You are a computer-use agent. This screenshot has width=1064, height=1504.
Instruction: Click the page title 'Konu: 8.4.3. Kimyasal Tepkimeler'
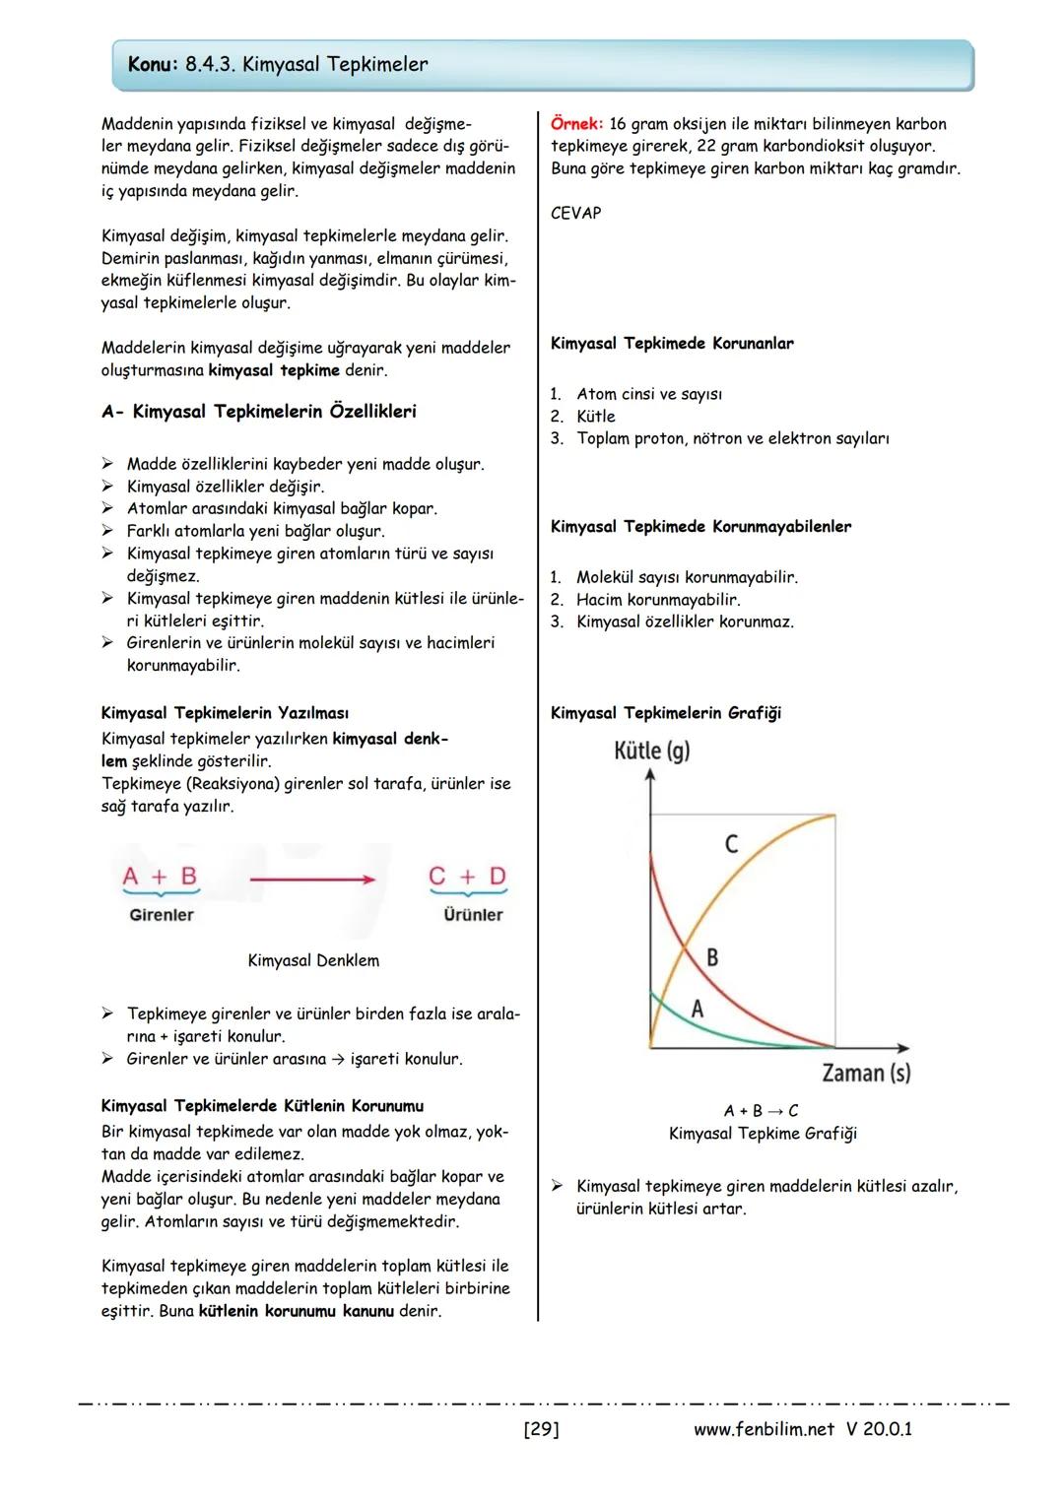click(x=278, y=65)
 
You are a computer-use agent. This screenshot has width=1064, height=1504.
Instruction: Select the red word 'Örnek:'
click(x=575, y=124)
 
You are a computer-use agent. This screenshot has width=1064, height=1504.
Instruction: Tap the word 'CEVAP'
click(x=575, y=213)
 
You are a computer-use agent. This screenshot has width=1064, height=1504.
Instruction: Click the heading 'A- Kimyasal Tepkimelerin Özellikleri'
click(x=258, y=412)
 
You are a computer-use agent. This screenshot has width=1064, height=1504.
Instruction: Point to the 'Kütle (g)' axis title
click(x=651, y=751)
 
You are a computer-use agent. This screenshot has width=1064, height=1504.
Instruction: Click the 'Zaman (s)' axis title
click(x=865, y=1073)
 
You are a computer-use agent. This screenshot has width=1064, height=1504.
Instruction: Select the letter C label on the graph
click(x=731, y=844)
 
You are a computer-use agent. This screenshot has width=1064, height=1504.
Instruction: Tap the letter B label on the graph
click(x=712, y=956)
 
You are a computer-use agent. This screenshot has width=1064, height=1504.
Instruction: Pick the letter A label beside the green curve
click(x=698, y=1009)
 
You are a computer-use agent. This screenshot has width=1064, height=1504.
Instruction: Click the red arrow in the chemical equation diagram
click(x=311, y=879)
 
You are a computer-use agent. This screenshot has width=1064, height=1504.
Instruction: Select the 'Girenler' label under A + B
click(x=162, y=915)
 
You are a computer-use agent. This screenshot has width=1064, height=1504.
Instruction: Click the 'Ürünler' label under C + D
click(x=473, y=915)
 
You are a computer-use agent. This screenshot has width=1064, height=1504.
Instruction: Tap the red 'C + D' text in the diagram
click(x=468, y=876)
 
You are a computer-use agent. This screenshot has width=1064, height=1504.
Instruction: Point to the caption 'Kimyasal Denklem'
click(x=313, y=960)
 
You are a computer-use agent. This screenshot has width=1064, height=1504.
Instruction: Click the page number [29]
click(x=541, y=1429)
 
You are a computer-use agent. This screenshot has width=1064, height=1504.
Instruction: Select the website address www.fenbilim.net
click(x=764, y=1429)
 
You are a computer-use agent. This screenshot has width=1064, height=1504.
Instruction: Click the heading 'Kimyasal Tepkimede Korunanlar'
click(x=672, y=344)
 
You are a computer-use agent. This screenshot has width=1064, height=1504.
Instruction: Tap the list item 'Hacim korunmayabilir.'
click(x=658, y=600)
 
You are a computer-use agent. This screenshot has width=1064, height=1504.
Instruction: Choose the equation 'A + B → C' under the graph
click(x=761, y=1111)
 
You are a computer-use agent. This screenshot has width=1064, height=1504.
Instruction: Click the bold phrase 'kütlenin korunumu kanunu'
click(x=296, y=1311)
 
